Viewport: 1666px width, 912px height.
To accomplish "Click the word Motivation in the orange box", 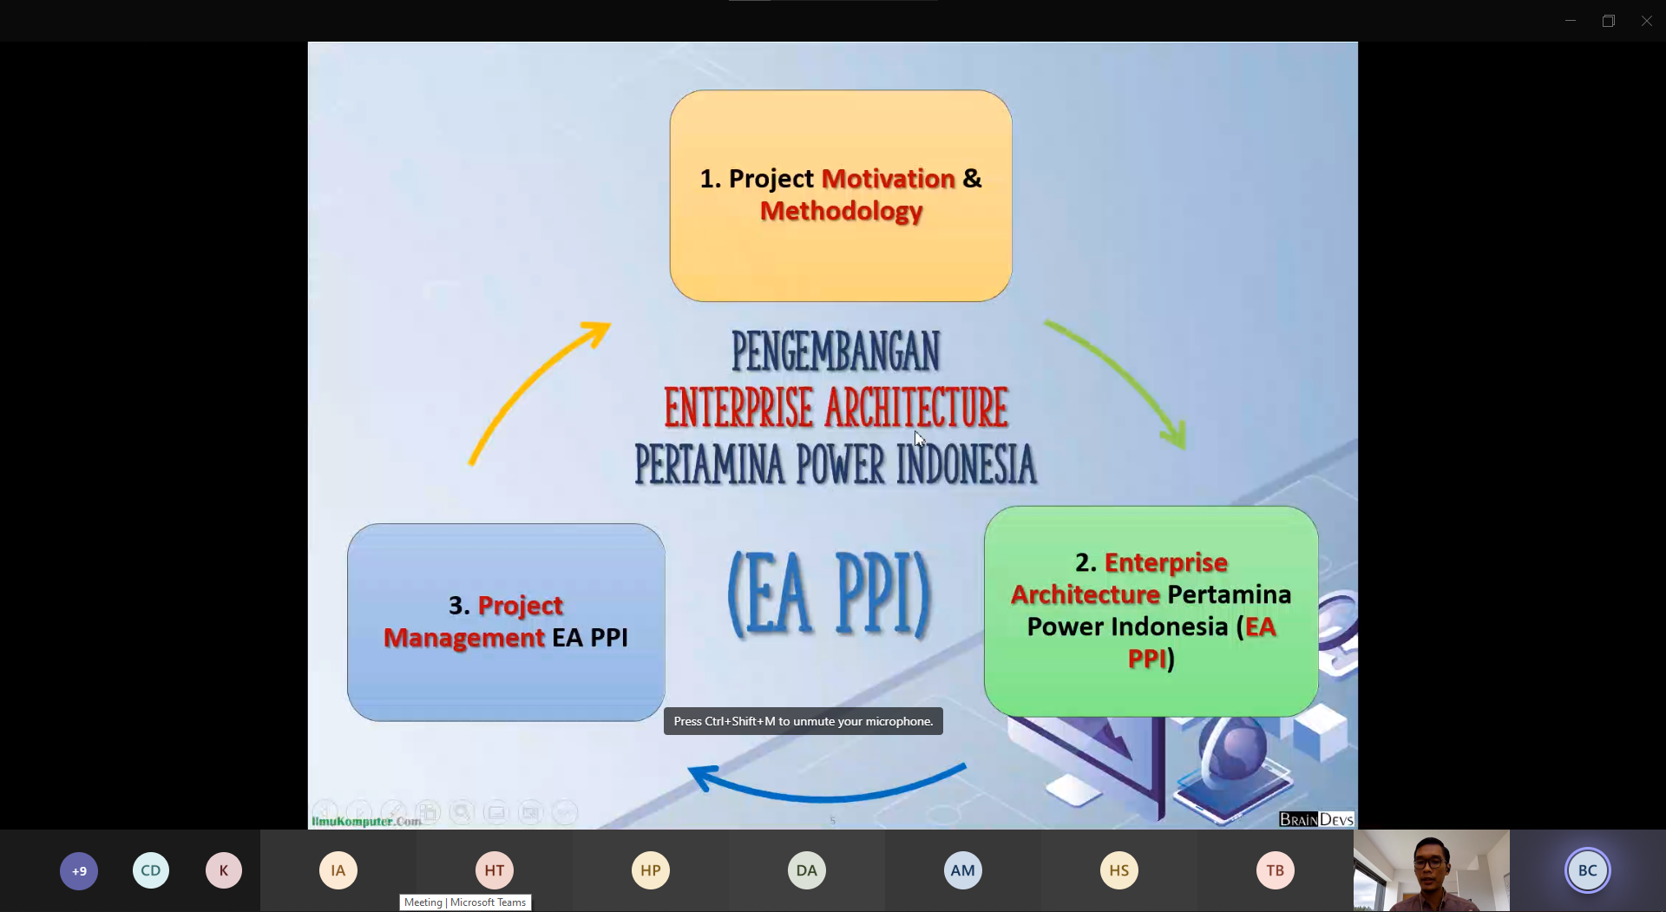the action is click(x=888, y=179).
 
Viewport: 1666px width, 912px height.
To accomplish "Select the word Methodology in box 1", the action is click(x=841, y=212).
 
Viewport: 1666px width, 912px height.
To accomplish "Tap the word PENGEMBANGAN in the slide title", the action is click(x=836, y=351).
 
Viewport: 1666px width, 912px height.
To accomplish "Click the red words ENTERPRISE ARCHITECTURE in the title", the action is click(x=836, y=408).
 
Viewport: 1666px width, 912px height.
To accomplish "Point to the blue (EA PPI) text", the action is click(x=829, y=595).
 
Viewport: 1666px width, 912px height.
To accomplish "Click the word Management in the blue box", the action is click(x=464, y=638).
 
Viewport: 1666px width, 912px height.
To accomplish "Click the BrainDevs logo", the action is click(x=1316, y=819).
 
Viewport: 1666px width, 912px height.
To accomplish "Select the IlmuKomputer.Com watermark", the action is click(x=366, y=821).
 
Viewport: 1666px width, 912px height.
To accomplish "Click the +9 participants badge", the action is click(x=79, y=871).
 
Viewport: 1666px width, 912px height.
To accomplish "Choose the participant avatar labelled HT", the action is click(x=495, y=870).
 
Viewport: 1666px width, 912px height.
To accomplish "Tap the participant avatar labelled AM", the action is click(x=963, y=870).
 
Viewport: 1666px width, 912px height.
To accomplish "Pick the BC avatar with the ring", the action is click(x=1588, y=870).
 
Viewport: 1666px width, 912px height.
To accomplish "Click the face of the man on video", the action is click(x=1429, y=864).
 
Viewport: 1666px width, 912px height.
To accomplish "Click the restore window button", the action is click(x=1609, y=21).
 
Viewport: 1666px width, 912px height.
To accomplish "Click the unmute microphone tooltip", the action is click(x=803, y=721).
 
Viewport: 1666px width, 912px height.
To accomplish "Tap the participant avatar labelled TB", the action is click(x=1276, y=870).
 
